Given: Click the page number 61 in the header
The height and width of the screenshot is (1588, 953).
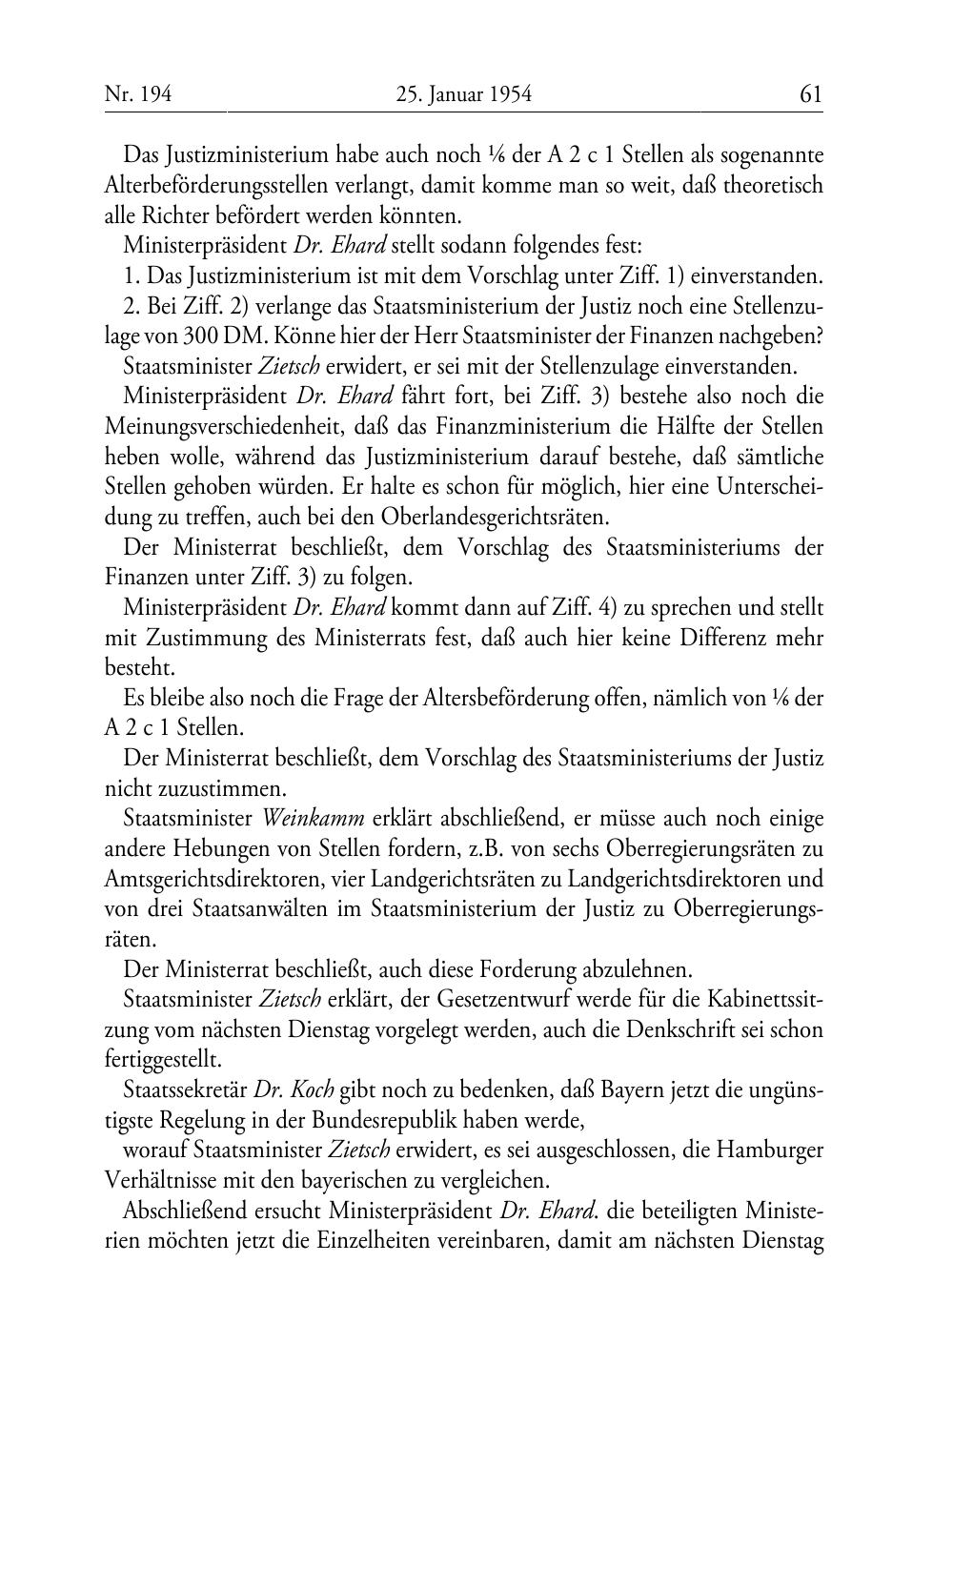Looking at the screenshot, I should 811,94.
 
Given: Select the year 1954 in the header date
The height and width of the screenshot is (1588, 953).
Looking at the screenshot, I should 508,94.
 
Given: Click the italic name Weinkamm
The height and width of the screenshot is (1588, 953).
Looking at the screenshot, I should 314,819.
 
